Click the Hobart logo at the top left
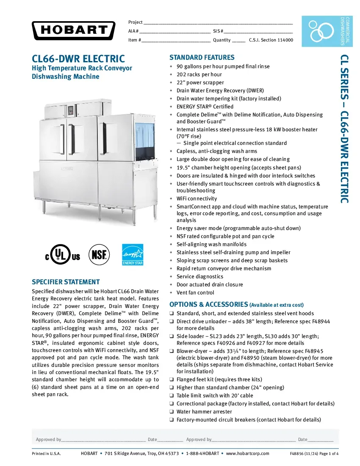73,30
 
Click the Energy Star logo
133,255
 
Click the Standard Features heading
202,58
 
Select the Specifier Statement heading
66,282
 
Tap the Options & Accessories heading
208,305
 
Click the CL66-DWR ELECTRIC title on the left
78,58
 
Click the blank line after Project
218,22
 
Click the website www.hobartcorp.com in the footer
248,454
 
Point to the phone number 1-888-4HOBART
202,454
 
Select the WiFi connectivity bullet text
197,199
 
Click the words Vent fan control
195,293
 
